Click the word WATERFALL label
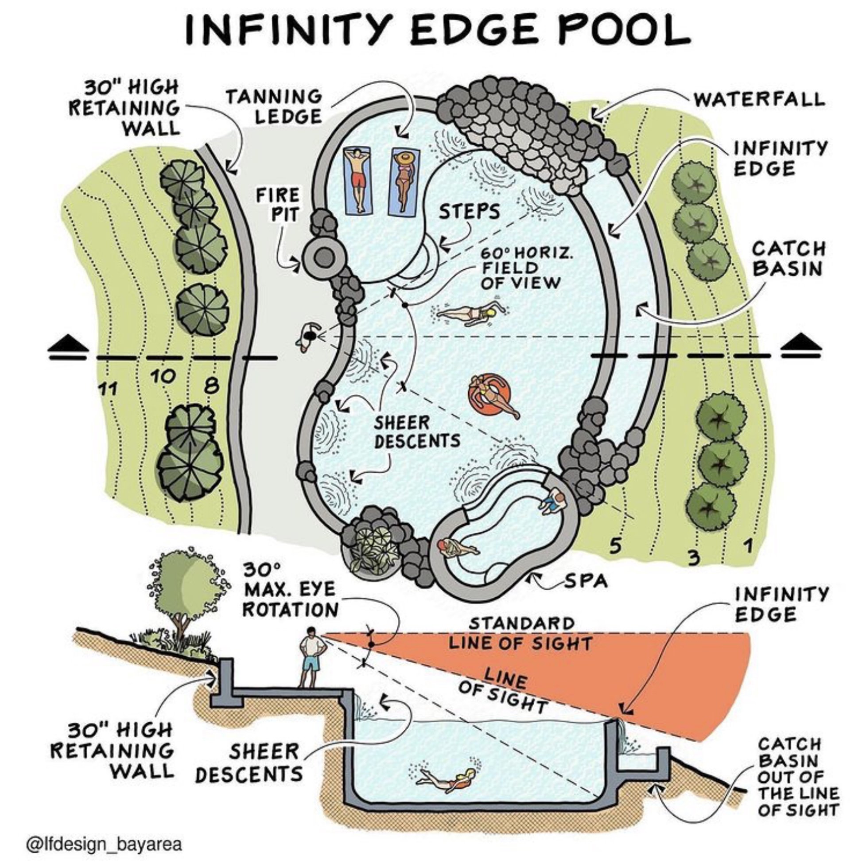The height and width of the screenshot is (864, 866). (759, 99)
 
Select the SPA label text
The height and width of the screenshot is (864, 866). (586, 581)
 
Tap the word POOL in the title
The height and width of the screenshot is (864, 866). (614, 29)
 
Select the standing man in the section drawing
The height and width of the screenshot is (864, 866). (312, 657)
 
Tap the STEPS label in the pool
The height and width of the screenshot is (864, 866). (469, 212)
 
